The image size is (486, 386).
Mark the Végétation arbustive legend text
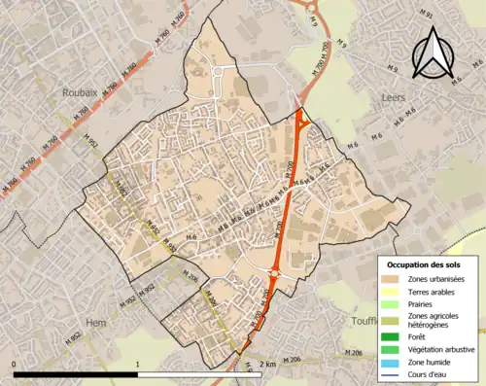[x=442, y=349]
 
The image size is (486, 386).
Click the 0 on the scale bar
[x=15, y=364]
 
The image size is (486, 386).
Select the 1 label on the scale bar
[x=138, y=364]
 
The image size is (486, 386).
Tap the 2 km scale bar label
[x=269, y=364]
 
